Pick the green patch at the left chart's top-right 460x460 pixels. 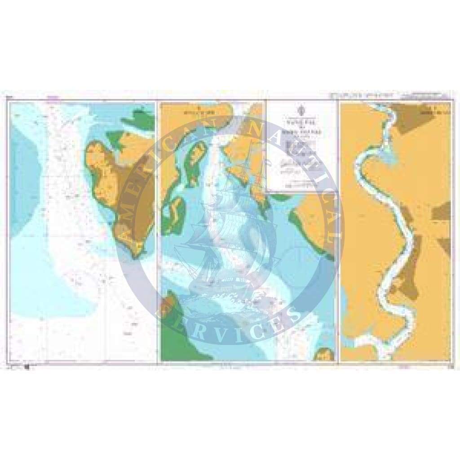[139, 119]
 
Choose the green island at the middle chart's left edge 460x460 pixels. [173, 216]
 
